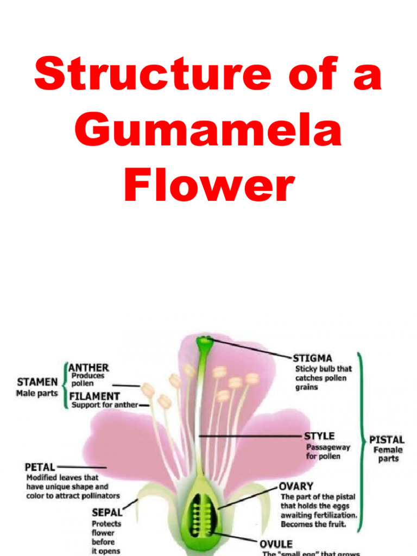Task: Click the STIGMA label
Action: point(312,358)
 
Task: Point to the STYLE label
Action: point(319,436)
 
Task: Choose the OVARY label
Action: point(296,486)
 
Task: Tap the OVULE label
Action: point(275,544)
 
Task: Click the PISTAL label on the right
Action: point(387,439)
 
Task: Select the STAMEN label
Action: point(37,382)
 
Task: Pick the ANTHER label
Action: point(89,368)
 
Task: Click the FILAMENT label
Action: point(94,396)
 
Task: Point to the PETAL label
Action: point(40,466)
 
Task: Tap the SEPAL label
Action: point(106,511)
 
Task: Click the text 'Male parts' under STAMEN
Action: point(36,393)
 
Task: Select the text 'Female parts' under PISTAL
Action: point(388,454)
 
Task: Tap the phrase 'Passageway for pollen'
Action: point(328,452)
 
